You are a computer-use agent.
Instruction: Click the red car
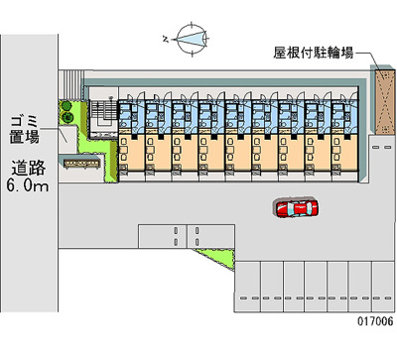tap(296, 207)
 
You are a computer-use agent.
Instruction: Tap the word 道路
tap(29, 166)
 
